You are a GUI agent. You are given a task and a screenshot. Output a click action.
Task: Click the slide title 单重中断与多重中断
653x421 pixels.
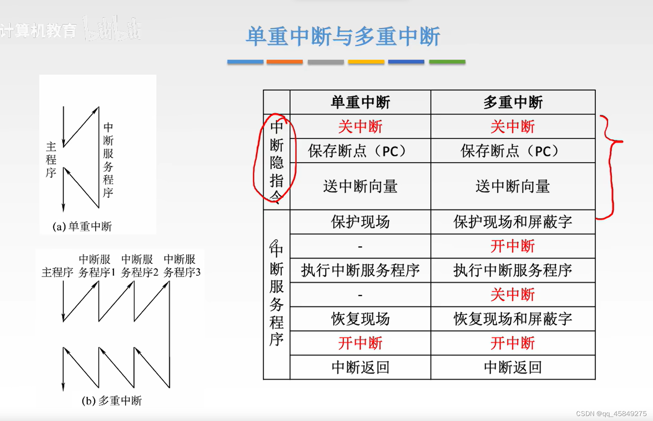[343, 36]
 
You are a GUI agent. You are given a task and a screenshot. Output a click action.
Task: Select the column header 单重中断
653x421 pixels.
[360, 102]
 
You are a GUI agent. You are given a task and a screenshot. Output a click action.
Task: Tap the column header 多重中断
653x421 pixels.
[513, 102]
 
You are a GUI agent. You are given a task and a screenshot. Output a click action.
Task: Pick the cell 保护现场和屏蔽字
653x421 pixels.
[513, 222]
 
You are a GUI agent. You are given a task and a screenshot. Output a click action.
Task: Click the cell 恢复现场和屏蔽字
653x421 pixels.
[513, 319]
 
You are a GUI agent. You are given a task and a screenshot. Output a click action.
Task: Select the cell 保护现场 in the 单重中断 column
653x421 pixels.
[360, 222]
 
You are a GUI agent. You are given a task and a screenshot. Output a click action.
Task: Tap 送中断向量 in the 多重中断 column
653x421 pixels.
[513, 186]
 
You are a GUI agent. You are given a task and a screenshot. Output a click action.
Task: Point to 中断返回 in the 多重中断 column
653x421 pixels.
[513, 367]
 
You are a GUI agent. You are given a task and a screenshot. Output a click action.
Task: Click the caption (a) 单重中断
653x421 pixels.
[82, 226]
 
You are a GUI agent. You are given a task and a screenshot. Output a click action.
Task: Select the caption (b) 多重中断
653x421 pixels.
[112, 401]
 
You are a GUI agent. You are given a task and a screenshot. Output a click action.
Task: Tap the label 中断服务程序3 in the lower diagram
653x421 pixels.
[182, 266]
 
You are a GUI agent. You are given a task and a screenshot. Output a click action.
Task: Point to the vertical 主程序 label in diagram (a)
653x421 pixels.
[51, 160]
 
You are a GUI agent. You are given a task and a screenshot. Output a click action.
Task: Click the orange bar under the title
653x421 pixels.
[285, 62]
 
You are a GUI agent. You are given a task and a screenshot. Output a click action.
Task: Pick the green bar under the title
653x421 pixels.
[447, 62]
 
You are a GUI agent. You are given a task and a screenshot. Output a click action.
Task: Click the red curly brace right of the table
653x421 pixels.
[610, 166]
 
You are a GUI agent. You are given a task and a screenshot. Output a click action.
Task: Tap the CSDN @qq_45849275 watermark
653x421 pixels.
[611, 414]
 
